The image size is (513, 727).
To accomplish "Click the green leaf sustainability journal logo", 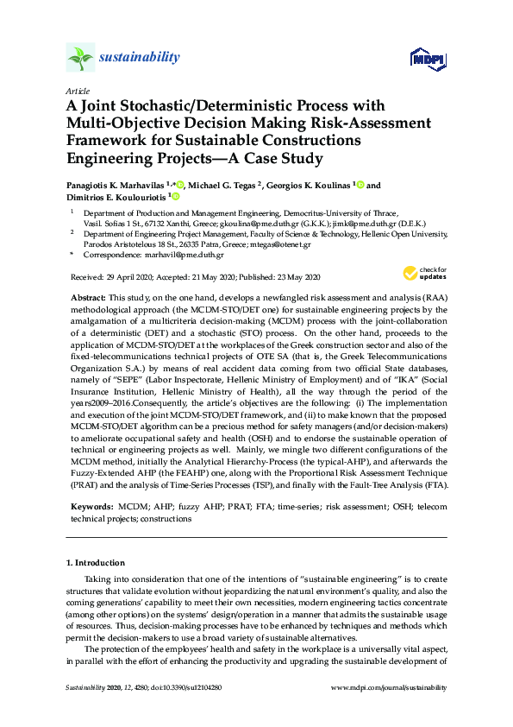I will [80, 58].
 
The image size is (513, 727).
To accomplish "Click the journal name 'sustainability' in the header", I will [140, 58].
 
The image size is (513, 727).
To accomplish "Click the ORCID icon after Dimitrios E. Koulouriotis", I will [176, 198].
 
